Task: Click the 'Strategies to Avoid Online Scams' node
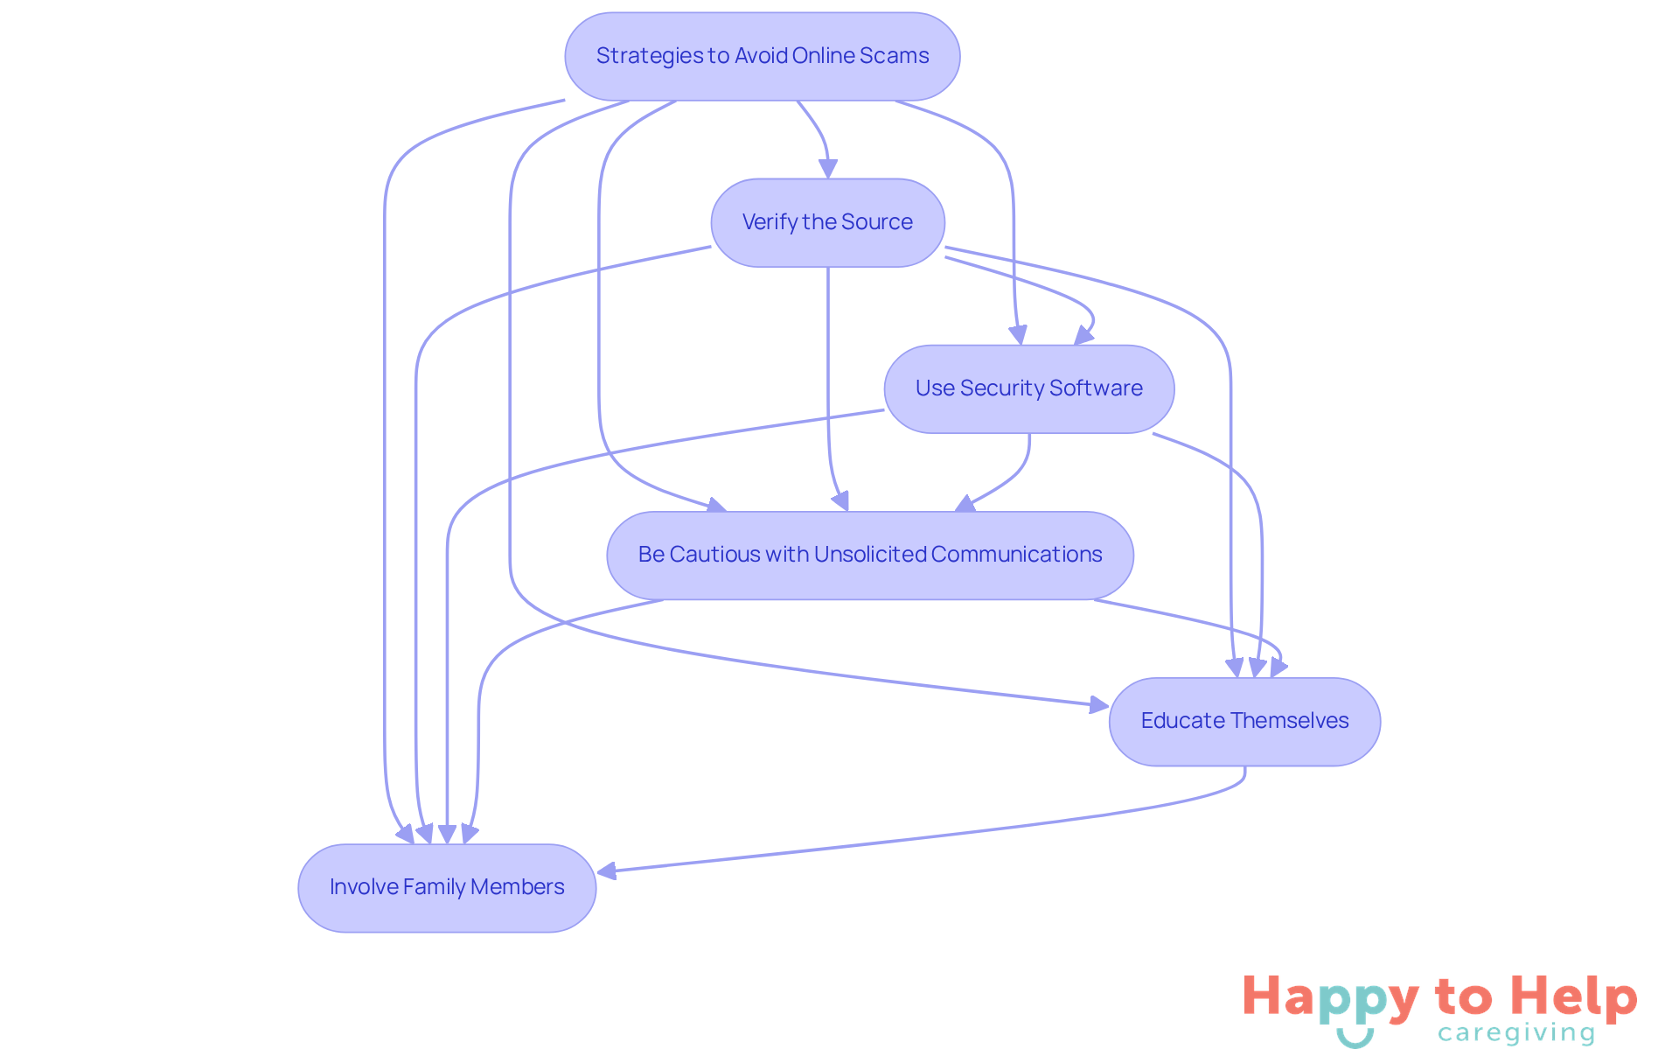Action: pos(762,56)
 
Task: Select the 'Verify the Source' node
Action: pos(827,222)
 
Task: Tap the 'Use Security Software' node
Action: pos(1028,388)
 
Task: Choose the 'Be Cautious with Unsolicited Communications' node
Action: pos(869,555)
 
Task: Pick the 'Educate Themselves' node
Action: pos(1244,721)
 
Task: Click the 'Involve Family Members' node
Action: pos(446,887)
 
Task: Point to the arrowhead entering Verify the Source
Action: pos(828,168)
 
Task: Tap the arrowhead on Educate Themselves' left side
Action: pos(1098,704)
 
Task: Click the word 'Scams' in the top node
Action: pos(894,56)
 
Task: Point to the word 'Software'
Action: pos(1096,388)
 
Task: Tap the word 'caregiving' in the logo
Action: pos(1516,1033)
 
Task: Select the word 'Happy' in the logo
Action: pos(1331,997)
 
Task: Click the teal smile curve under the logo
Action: pos(1355,1039)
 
